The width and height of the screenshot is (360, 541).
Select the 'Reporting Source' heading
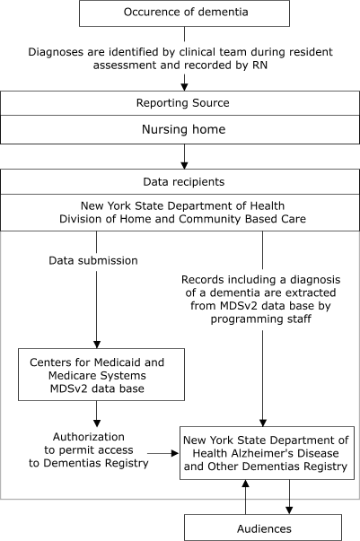[184, 104]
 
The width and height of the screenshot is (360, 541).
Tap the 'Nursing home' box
[184, 130]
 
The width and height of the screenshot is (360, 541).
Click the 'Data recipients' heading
[184, 182]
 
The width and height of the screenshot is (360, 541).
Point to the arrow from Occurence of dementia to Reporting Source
[184, 80]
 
